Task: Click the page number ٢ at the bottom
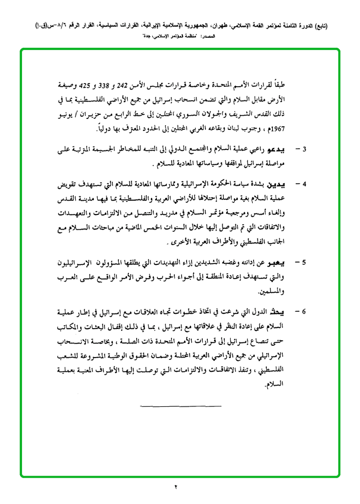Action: pyautogui.click(x=176, y=487)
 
